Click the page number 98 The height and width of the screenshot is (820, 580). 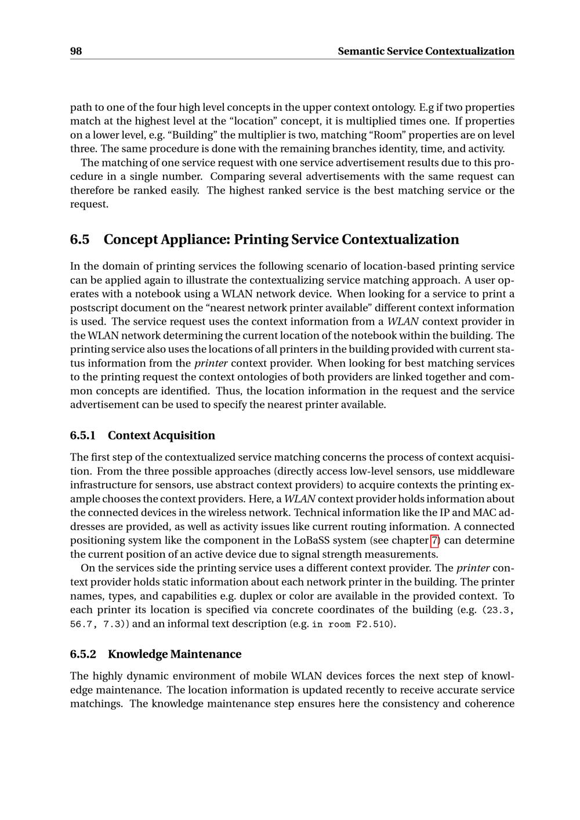click(x=76, y=51)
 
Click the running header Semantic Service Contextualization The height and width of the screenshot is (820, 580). click(x=426, y=51)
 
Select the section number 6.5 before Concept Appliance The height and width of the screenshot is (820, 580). click(x=80, y=240)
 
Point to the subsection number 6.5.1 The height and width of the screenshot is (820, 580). click(x=83, y=436)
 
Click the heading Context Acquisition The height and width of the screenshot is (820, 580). click(x=161, y=436)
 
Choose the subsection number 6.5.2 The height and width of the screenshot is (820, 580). click(x=83, y=654)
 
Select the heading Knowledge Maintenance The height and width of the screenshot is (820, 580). click(x=175, y=654)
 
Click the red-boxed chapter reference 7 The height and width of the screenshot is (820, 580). click(x=435, y=540)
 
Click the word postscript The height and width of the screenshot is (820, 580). click(x=91, y=308)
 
